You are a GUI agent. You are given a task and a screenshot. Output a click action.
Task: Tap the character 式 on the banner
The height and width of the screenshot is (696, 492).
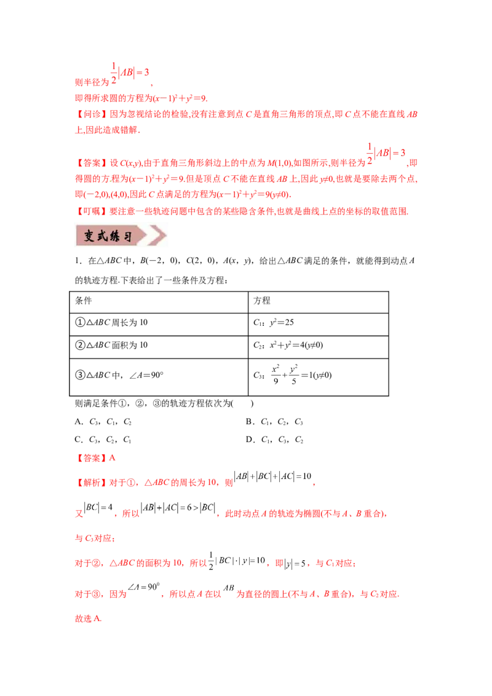(x=103, y=237)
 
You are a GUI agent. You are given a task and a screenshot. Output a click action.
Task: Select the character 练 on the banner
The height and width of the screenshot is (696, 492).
(x=117, y=237)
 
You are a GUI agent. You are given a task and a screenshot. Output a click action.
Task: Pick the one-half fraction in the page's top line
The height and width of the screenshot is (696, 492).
(x=113, y=72)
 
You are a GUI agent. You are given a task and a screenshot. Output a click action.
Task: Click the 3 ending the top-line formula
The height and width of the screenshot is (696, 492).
(x=147, y=73)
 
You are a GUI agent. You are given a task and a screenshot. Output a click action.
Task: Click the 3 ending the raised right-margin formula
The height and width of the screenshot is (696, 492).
(x=403, y=152)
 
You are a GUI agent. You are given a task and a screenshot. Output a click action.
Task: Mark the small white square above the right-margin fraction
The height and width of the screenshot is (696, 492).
(x=371, y=140)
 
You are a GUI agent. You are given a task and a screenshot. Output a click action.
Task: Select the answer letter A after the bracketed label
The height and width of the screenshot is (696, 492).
(x=113, y=458)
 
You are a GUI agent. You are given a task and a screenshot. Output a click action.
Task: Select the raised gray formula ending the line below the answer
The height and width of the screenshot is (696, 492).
(x=274, y=478)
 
